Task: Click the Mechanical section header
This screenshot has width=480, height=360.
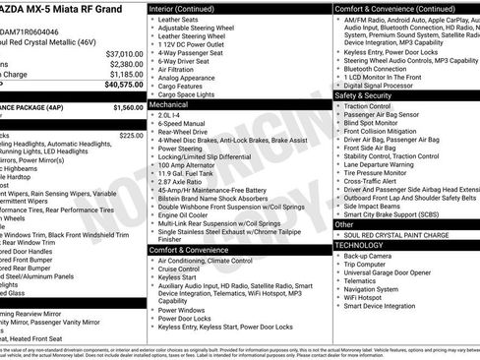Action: [169, 103]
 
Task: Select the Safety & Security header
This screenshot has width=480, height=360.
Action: [364, 95]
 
